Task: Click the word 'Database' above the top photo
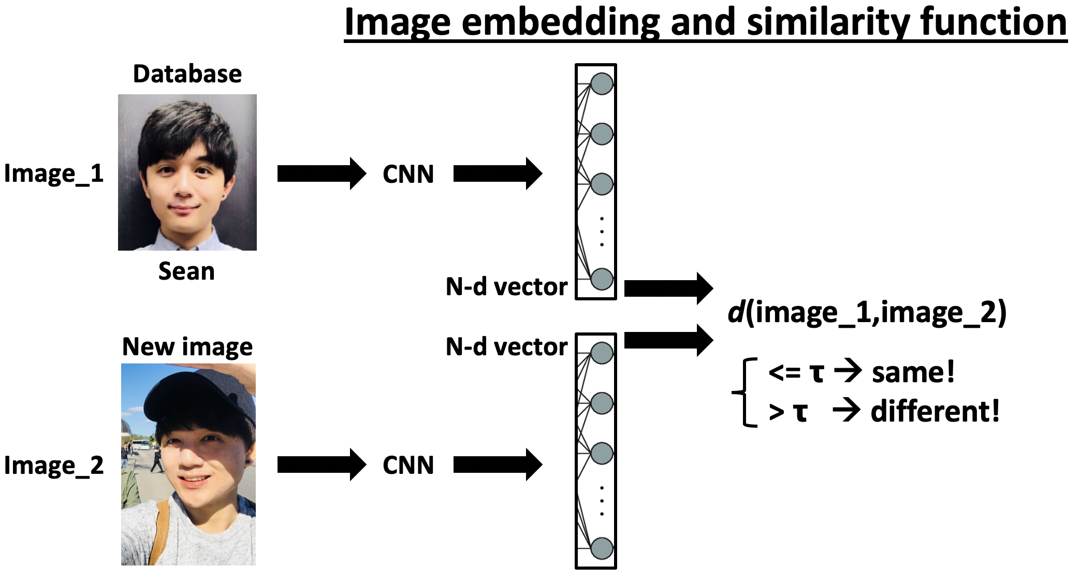tap(187, 74)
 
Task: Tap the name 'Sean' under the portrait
tap(186, 271)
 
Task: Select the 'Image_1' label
tap(54, 174)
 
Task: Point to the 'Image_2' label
tap(54, 466)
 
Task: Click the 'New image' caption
tap(187, 347)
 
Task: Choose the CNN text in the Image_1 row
tap(408, 175)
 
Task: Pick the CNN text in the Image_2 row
tap(408, 466)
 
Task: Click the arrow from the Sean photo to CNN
tap(321, 173)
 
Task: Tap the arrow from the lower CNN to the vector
tap(497, 465)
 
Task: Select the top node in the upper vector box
tap(602, 84)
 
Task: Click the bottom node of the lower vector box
tap(602, 548)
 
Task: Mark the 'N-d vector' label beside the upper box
tap(506, 287)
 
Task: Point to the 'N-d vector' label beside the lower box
tap(506, 347)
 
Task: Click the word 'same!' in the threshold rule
tap(913, 373)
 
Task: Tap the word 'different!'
tap(935, 412)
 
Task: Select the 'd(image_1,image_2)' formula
tap(867, 313)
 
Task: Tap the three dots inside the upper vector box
tap(602, 231)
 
